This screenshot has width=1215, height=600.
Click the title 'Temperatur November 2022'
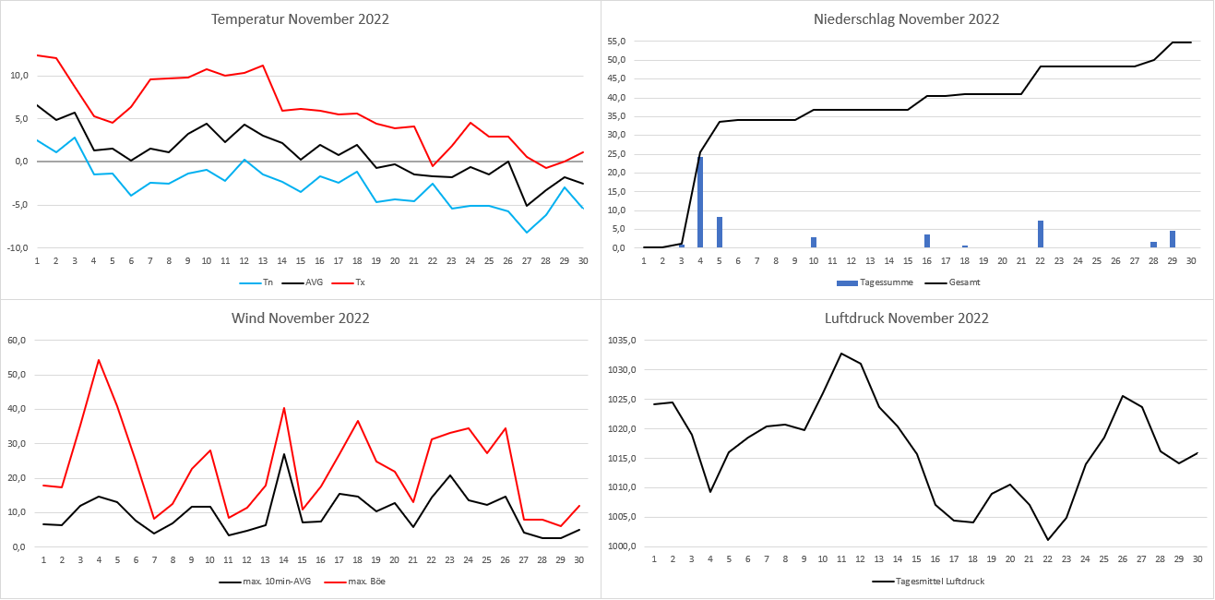coord(300,19)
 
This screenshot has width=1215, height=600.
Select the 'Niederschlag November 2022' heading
coord(906,19)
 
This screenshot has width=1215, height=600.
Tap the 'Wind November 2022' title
coord(300,318)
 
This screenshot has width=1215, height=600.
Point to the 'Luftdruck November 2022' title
coord(906,318)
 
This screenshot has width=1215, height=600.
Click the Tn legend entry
coord(259,282)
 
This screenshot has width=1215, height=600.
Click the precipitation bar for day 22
coord(1041,234)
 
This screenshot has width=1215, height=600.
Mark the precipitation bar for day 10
coord(814,243)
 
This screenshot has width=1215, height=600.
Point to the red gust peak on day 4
coord(98,360)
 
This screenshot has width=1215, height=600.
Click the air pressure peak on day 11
coord(841,354)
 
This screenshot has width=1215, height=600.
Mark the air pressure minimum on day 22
coord(1048,540)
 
